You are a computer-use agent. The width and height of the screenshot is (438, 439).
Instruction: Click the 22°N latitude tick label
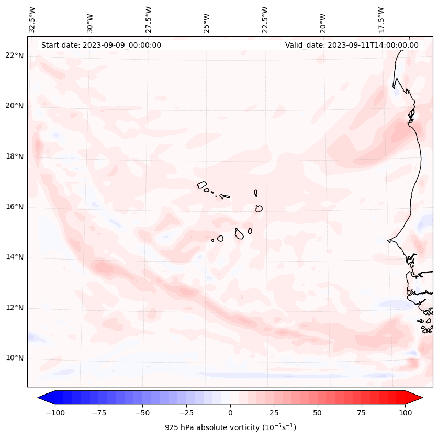pos(15,55)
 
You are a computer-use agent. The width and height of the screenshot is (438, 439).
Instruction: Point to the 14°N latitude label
pos(15,257)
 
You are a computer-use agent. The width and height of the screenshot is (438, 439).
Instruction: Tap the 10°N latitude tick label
pos(15,358)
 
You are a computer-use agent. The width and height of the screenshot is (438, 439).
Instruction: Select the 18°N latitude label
pos(15,156)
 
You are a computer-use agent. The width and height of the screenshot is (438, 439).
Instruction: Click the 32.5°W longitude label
pos(32,20)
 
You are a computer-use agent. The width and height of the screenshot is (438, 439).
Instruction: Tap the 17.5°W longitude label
pos(381,20)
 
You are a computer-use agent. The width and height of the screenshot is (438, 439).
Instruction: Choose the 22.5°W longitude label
pos(265,20)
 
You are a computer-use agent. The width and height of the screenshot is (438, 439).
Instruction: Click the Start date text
pos(101,45)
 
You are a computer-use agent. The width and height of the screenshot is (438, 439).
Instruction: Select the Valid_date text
pos(352,45)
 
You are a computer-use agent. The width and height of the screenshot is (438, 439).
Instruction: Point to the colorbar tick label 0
pos(230,413)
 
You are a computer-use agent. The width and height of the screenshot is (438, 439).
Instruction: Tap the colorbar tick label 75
pos(361,413)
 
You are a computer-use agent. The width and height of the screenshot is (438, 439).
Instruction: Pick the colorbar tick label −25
pos(186,413)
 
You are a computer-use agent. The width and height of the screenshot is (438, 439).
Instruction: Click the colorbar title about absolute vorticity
pos(230,427)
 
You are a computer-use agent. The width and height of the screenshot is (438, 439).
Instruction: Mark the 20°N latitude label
pos(15,106)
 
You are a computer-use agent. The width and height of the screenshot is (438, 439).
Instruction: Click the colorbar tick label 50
pos(318,413)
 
